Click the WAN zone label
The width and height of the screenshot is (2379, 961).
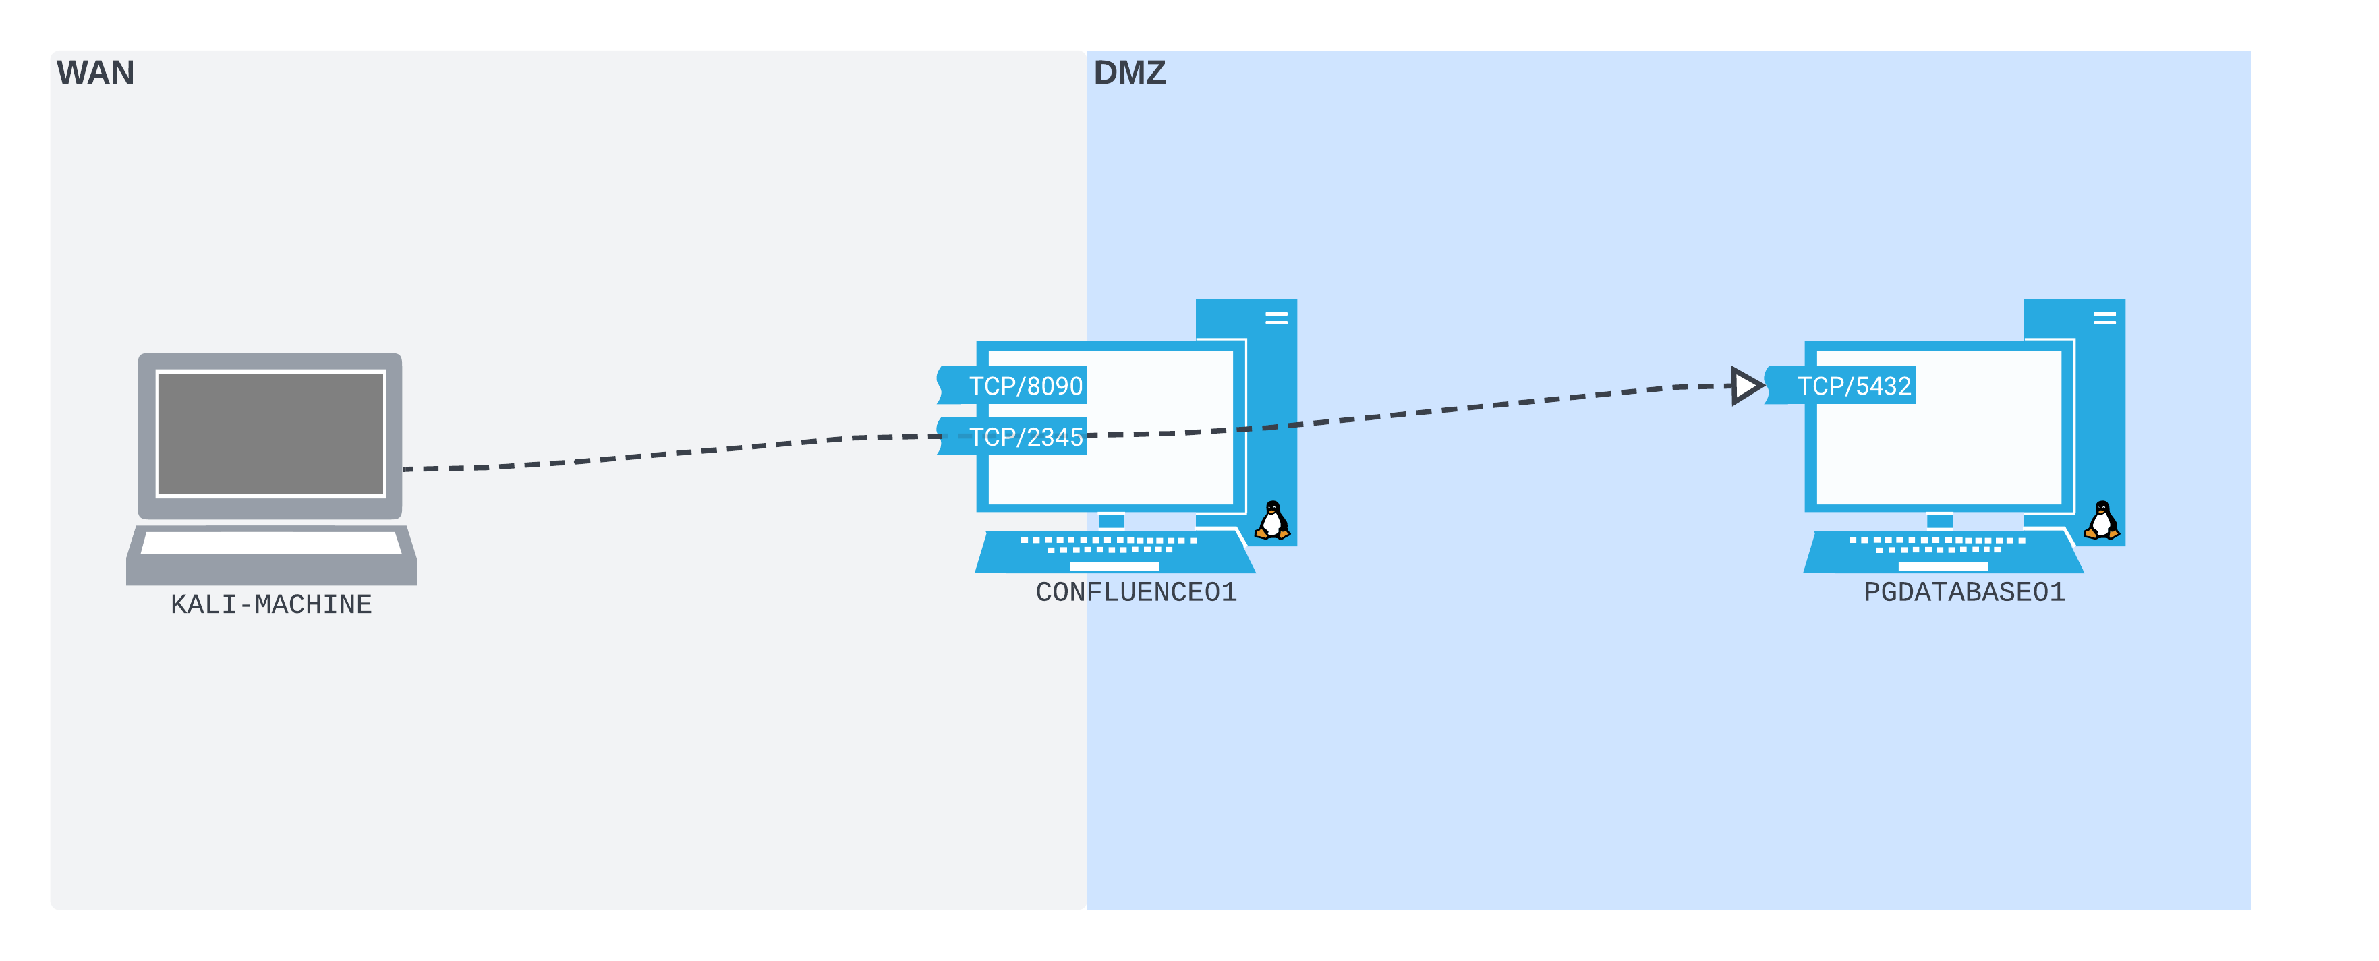click(95, 72)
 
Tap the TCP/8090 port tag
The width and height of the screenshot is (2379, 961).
click(1023, 386)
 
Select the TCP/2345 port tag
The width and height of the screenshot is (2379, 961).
click(1023, 436)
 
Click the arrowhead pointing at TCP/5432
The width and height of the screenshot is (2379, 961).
click(1744, 386)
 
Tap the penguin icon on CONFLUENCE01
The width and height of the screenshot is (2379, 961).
click(1273, 521)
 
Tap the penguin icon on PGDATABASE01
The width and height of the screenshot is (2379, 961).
click(2101, 521)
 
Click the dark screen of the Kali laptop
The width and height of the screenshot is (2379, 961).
click(270, 434)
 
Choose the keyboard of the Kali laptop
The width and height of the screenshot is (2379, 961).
click(270, 543)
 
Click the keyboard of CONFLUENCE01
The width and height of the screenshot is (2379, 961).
click(1113, 550)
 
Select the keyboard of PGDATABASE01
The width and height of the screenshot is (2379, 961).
click(1941, 550)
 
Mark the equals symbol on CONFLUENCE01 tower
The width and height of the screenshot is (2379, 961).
click(1276, 318)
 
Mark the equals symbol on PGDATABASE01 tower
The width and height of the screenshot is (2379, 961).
click(2104, 318)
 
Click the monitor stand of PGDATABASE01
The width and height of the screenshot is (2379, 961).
click(1939, 521)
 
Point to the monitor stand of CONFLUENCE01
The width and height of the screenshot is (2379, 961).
click(1111, 521)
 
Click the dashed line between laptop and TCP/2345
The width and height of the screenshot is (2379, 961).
click(674, 453)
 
